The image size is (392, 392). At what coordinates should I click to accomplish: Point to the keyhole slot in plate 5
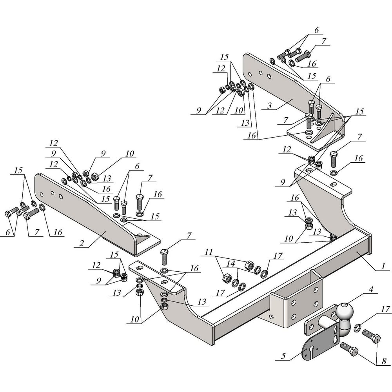click(x=312, y=349)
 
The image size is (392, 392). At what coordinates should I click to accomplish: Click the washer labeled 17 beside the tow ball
click(x=358, y=327)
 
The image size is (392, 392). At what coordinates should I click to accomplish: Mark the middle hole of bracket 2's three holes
click(x=52, y=193)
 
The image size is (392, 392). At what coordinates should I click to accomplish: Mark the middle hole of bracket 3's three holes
click(x=260, y=73)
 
